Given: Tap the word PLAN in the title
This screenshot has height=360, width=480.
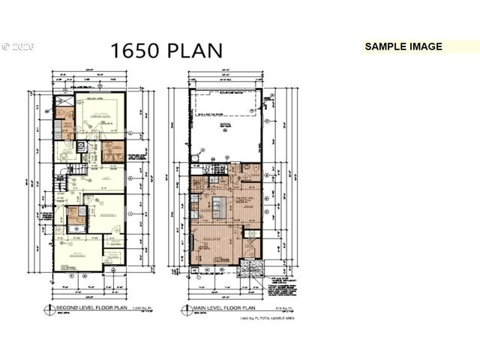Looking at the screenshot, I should (196, 50).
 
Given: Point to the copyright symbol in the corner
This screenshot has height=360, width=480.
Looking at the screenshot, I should (5, 46).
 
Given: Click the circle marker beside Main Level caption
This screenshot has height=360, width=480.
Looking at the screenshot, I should (185, 309).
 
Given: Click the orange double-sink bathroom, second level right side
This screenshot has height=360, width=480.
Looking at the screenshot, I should (113, 151).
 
